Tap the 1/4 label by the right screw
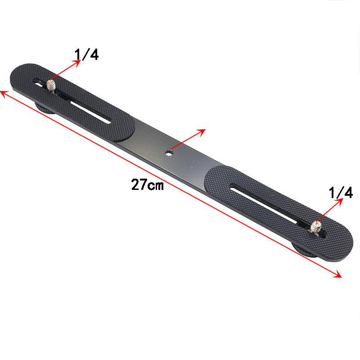[x=341, y=193]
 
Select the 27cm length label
[x=147, y=184]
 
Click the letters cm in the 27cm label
[x=156, y=185]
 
